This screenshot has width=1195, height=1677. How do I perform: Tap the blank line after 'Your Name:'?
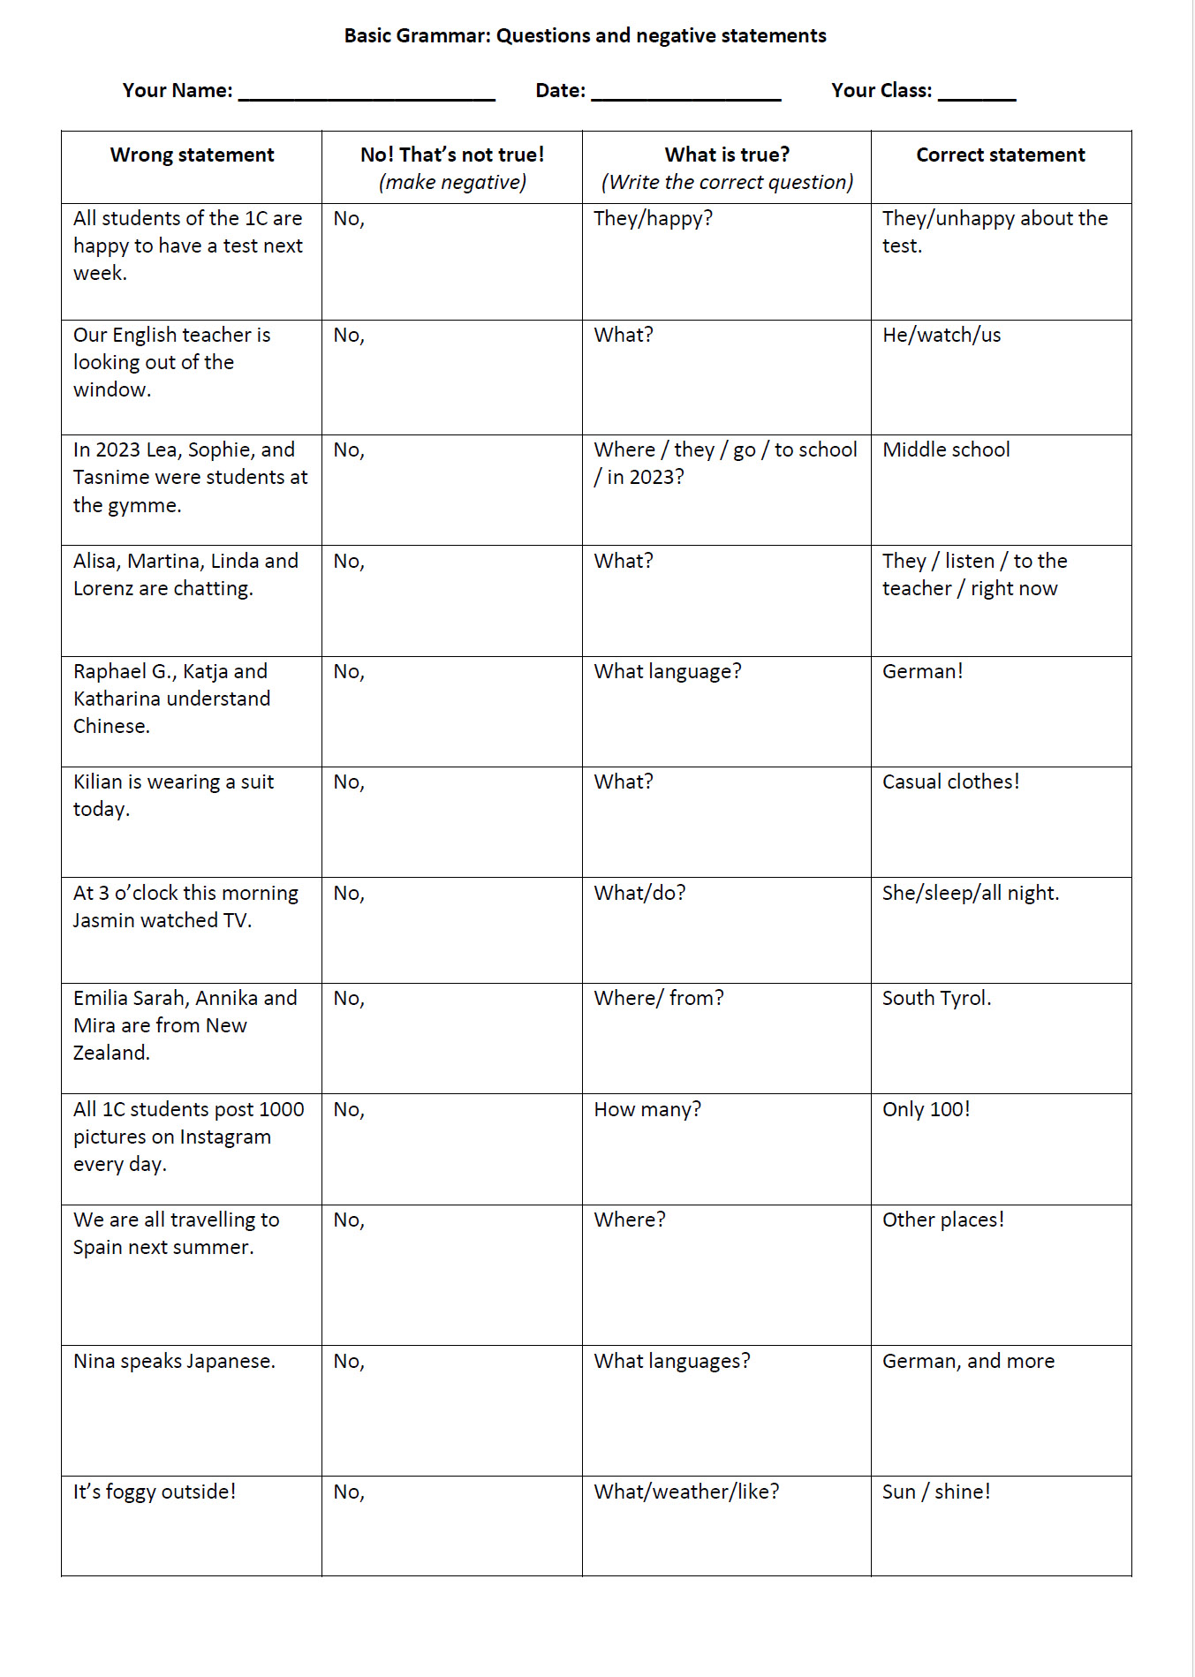pos(367,94)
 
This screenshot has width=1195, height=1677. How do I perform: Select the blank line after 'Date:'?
pos(685,94)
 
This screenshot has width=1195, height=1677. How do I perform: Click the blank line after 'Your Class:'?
pos(976,94)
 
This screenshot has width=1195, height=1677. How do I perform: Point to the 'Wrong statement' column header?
pos(192,155)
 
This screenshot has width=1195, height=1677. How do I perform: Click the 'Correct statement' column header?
pos(1000,155)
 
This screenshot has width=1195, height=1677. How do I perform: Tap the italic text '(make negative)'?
pos(452,183)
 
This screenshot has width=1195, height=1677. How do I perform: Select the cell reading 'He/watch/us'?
pos(942,336)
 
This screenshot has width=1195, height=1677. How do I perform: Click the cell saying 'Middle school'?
pos(946,450)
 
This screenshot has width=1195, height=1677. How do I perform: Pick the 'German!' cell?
pos(922,672)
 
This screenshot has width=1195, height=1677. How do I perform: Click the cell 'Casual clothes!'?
pos(950,782)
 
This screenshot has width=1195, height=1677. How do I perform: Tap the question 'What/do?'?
pos(639,894)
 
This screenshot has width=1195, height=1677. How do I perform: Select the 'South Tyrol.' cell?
pos(936,999)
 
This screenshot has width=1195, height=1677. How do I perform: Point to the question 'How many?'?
pos(647,1110)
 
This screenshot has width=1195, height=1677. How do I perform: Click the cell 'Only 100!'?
pos(926,1110)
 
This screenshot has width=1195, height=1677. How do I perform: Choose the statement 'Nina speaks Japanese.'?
pos(174,1362)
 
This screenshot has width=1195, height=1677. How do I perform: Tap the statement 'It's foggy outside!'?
pos(155,1492)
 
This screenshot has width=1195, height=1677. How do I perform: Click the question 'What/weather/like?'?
pos(686,1492)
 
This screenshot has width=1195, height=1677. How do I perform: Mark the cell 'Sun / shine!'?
pos(936,1492)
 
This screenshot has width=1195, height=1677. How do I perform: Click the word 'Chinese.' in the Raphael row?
pos(111,727)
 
